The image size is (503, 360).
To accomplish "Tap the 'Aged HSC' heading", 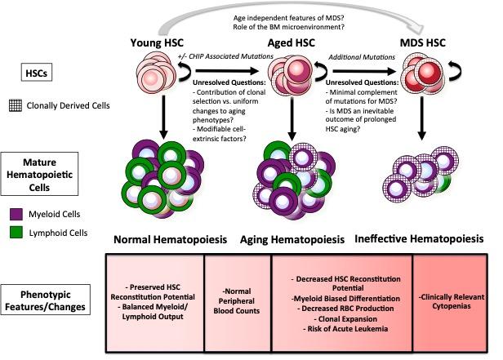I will (x=292, y=42).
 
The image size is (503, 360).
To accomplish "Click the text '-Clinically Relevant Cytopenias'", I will (x=450, y=299).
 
